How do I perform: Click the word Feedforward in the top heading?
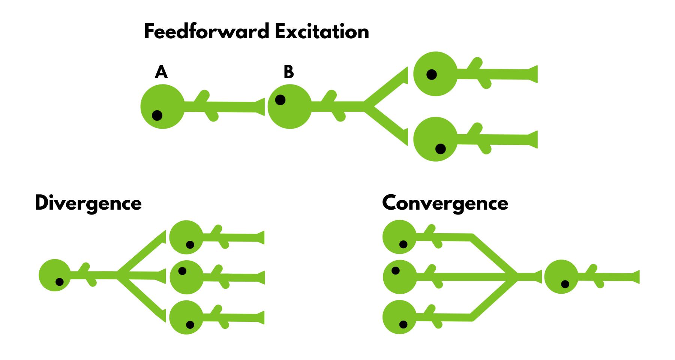(207, 31)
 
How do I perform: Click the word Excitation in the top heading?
(322, 31)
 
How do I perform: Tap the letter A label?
(161, 72)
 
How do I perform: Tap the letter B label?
(288, 72)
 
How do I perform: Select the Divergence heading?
(88, 203)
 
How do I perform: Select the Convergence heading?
(445, 203)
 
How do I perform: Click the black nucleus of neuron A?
(157, 115)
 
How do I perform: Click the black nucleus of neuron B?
(280, 100)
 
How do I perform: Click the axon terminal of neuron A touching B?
(260, 107)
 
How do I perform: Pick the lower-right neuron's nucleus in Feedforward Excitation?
(440, 149)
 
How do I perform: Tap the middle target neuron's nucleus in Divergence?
(182, 271)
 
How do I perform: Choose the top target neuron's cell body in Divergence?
(184, 234)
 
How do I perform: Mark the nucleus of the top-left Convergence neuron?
(403, 244)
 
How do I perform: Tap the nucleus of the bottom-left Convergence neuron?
(403, 324)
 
